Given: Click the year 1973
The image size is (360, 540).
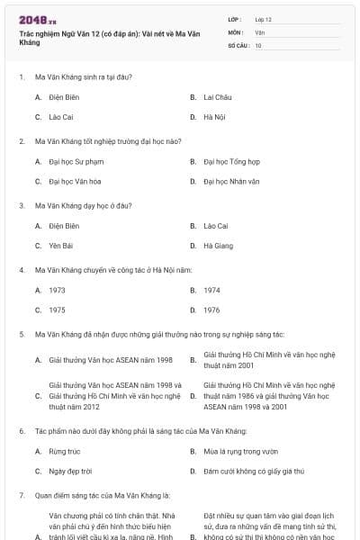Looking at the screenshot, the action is (57, 291).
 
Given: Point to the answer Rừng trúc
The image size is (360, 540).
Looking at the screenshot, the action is (65, 451).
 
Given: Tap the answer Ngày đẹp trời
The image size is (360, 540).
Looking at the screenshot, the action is (70, 471).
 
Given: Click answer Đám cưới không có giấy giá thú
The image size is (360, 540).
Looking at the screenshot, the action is (253, 471).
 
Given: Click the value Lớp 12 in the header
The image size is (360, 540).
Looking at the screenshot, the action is (263, 18).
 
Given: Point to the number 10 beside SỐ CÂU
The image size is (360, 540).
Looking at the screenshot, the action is (258, 44).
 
